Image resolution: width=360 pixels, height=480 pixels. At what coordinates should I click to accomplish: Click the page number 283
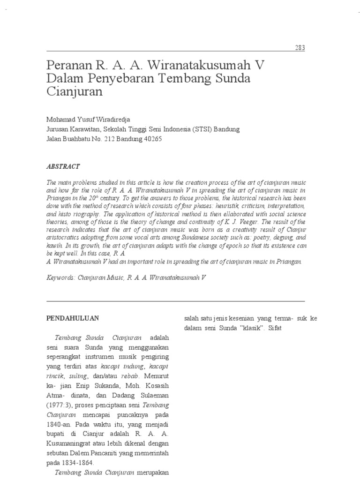300,48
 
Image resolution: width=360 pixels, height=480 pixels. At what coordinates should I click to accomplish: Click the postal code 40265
152,139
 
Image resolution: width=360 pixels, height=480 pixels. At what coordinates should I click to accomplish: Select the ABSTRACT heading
63,166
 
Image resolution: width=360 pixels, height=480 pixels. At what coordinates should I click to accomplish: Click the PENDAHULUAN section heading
72,318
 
